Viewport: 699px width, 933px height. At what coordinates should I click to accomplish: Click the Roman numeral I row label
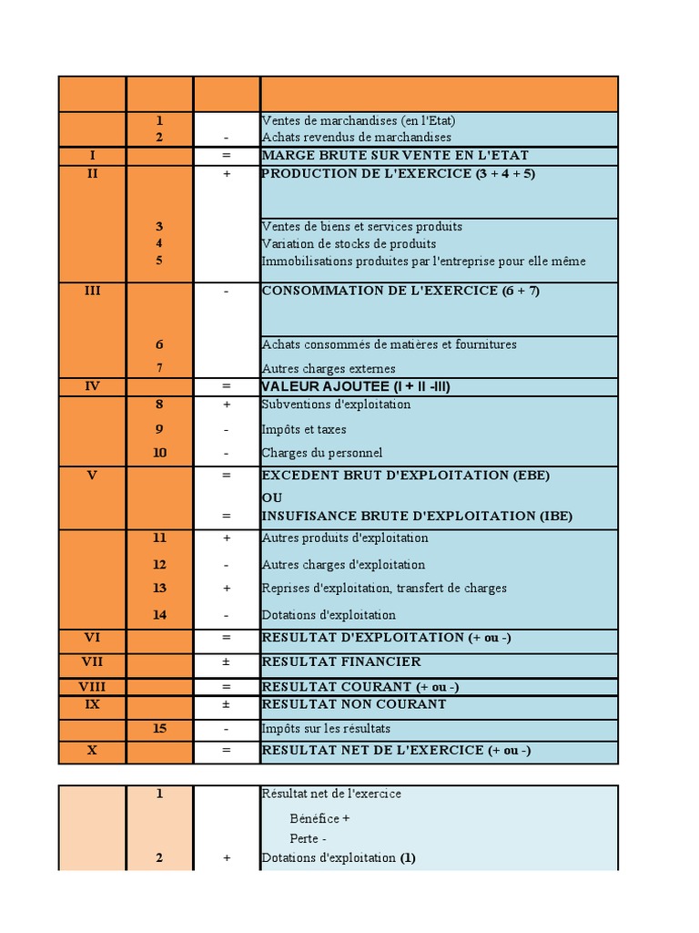[92, 156]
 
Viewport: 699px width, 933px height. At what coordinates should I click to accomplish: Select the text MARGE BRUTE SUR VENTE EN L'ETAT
[394, 156]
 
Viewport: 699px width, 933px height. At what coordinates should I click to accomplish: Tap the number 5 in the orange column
[159, 261]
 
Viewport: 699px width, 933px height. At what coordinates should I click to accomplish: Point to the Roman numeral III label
[92, 292]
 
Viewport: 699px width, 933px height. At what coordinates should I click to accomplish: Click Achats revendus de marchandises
[356, 138]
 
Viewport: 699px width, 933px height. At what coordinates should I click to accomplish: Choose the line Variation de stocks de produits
[349, 244]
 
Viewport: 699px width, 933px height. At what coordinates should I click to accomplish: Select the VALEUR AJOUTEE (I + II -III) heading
[356, 386]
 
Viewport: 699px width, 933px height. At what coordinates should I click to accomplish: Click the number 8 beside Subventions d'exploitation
[159, 404]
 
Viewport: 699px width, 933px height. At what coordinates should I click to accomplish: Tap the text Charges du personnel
[321, 453]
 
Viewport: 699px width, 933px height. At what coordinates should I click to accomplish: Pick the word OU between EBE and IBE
[272, 497]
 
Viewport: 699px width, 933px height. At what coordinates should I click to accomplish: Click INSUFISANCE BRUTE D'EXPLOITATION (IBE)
[417, 516]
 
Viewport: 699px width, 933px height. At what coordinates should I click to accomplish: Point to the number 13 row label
[159, 589]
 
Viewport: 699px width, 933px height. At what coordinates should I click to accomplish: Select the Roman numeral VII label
[92, 661]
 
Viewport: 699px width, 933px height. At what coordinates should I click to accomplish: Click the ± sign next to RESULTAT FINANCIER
[227, 661]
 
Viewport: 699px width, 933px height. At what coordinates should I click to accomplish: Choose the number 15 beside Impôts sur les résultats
[159, 729]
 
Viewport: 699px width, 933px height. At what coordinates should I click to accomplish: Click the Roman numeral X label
[92, 750]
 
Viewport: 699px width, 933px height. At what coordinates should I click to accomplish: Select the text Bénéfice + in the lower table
[319, 818]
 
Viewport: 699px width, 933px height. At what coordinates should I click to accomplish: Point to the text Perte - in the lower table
[308, 838]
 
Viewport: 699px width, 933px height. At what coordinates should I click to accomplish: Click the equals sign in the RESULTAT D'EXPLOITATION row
[227, 638]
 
